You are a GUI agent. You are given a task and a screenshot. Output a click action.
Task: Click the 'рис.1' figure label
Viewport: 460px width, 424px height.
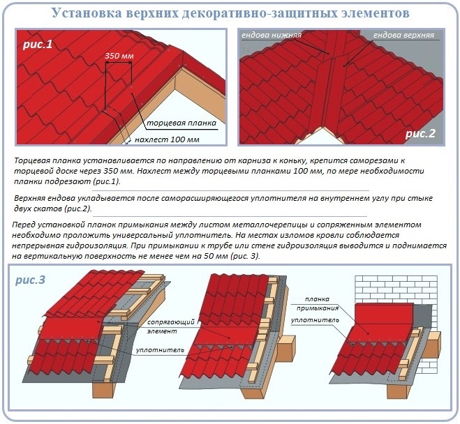(x=38, y=44)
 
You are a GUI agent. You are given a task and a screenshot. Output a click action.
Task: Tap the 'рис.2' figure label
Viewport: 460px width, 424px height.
(x=420, y=133)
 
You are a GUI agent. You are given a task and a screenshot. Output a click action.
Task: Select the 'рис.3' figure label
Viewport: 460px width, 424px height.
(x=31, y=280)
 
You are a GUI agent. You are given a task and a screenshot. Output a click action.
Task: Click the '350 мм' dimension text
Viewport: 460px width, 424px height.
(x=119, y=56)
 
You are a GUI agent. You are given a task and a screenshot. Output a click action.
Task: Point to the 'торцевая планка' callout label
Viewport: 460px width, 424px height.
(x=181, y=123)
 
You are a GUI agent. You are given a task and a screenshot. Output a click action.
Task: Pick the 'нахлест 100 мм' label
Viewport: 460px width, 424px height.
(x=168, y=139)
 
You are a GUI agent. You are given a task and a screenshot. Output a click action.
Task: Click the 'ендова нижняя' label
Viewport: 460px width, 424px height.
(x=272, y=35)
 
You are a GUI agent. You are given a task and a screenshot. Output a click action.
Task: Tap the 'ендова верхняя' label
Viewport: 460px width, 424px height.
(x=403, y=35)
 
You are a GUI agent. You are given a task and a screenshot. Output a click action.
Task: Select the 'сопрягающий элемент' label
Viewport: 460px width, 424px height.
(x=171, y=326)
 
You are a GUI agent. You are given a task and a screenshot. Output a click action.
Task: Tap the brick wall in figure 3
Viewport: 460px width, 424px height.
(x=396, y=290)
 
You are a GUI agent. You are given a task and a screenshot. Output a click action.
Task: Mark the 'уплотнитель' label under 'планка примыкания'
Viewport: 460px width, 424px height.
(x=315, y=320)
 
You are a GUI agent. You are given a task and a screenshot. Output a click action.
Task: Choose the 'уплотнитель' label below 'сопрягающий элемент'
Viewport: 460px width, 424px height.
(x=160, y=350)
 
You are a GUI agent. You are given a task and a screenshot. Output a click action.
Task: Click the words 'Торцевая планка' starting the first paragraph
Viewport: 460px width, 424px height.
(x=47, y=161)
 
